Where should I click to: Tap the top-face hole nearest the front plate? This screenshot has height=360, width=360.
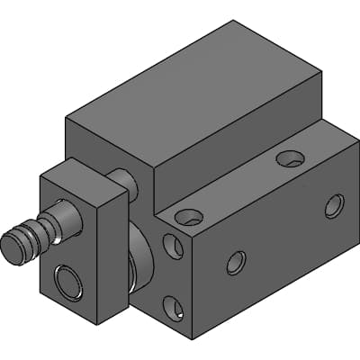click(x=189, y=217)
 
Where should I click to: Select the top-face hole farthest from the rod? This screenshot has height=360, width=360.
click(x=290, y=159)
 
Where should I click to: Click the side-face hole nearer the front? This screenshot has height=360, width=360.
click(x=236, y=263)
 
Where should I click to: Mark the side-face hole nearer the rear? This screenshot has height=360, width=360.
click(x=333, y=206)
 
